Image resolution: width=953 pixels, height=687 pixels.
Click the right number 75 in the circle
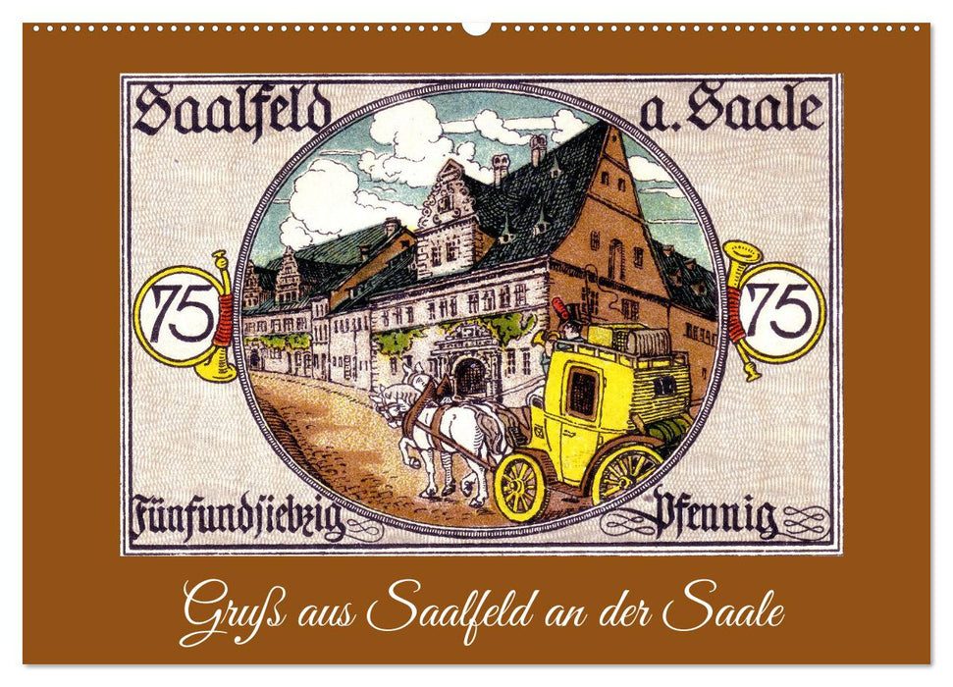coord(781,311)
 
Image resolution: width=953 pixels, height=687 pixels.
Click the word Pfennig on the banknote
coord(715,515)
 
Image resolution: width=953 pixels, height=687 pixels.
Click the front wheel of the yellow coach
coord(519,486)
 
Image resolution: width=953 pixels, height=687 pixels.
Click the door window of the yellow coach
coord(581,393)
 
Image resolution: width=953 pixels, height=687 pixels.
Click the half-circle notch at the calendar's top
coord(476,27)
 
